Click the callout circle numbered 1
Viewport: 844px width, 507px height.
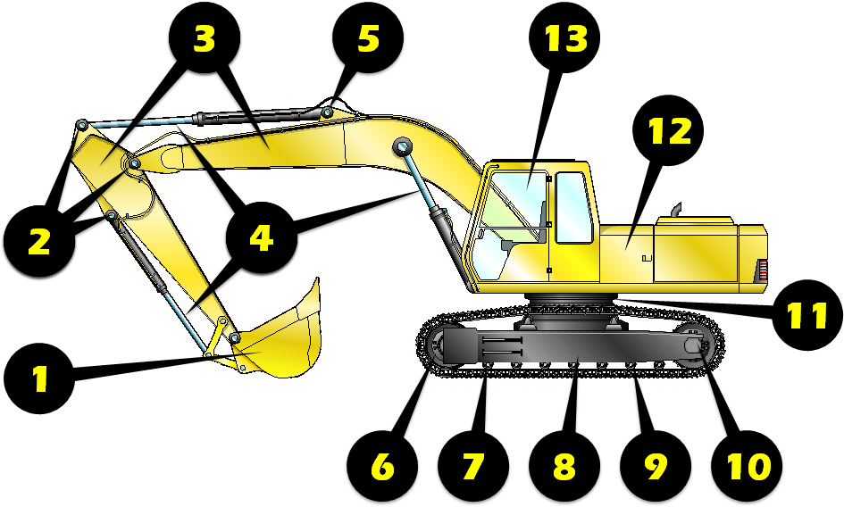(39, 378)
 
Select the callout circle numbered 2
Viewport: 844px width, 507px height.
(38, 241)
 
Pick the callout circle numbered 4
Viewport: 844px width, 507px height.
(261, 238)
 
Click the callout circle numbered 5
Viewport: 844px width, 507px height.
(368, 38)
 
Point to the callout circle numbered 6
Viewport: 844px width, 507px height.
(382, 465)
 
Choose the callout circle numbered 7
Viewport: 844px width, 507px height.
(473, 465)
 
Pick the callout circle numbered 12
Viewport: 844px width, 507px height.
(669, 131)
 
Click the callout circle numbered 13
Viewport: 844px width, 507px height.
(564, 38)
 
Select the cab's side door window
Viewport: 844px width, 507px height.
(572, 207)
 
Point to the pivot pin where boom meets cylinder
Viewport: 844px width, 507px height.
(401, 146)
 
